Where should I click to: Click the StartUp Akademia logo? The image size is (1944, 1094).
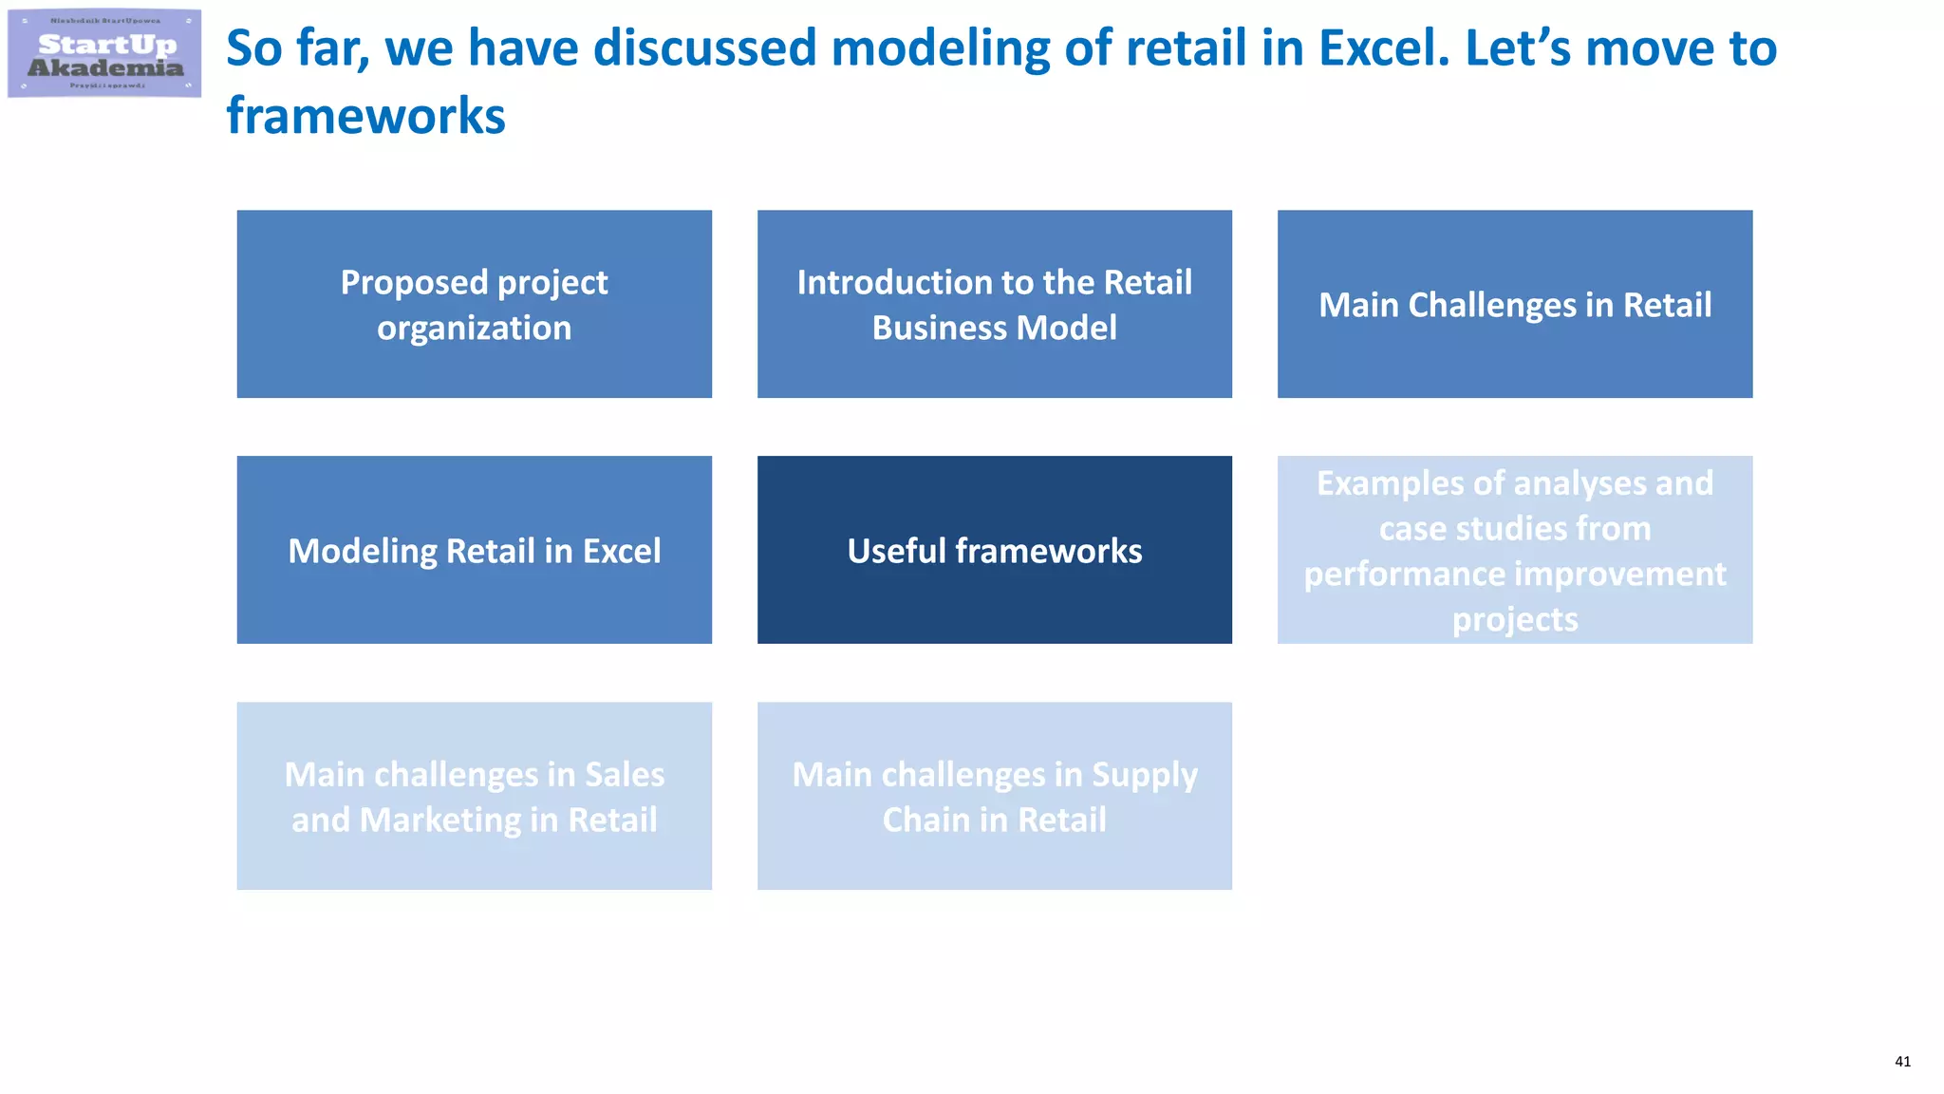(x=104, y=53)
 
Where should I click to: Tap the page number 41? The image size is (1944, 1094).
(x=1902, y=1062)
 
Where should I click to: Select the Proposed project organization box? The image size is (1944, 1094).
(x=474, y=304)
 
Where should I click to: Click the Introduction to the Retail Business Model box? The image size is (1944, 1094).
(x=994, y=304)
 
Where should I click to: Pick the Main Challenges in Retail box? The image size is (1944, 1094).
(x=1514, y=304)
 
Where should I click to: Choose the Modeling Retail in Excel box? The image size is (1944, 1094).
(x=474, y=550)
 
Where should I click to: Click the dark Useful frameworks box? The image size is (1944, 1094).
(x=994, y=550)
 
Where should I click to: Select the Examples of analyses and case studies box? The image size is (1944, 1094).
(x=1514, y=550)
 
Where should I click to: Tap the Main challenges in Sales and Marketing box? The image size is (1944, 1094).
(x=474, y=796)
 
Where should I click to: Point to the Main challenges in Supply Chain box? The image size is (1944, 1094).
(x=994, y=796)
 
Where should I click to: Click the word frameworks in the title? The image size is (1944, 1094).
(x=365, y=116)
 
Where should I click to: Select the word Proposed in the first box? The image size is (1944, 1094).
(x=414, y=283)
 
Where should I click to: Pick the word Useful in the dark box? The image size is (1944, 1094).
(x=896, y=551)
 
